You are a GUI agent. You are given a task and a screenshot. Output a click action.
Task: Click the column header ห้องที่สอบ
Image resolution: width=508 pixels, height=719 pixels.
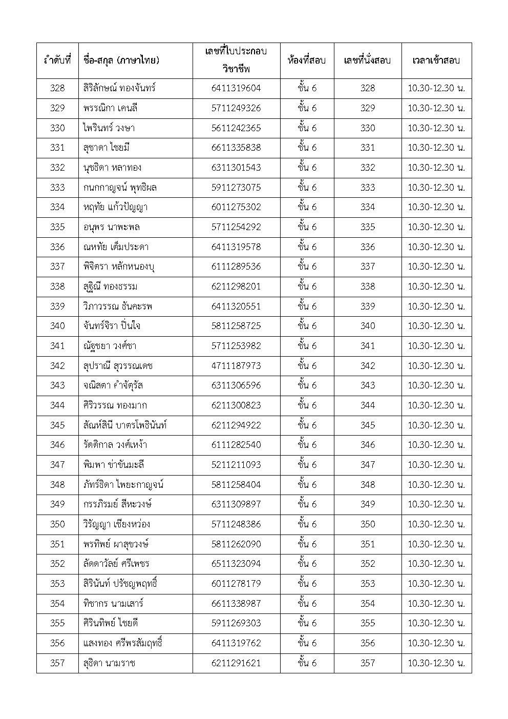click(x=306, y=60)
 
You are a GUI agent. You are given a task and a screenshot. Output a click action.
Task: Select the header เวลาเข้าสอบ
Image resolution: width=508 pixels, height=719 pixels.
click(x=436, y=60)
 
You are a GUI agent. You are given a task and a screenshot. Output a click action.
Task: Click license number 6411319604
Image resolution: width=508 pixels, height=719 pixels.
click(x=236, y=88)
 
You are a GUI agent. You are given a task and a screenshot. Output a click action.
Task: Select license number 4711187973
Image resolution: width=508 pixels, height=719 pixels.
click(x=236, y=366)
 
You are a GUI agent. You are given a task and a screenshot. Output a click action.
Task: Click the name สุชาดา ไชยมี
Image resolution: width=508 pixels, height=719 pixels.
click(x=106, y=148)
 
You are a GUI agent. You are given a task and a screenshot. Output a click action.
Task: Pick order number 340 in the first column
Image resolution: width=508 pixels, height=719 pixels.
click(x=57, y=326)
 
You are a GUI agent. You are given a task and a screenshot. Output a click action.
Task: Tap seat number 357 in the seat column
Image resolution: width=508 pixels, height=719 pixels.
click(x=367, y=663)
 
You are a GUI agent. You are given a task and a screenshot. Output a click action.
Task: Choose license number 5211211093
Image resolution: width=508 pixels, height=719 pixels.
click(x=236, y=465)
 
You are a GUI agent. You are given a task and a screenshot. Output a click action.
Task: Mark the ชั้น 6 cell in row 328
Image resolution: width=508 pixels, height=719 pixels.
click(x=306, y=88)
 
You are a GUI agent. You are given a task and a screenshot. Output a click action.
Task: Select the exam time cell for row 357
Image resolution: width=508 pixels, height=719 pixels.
click(x=436, y=663)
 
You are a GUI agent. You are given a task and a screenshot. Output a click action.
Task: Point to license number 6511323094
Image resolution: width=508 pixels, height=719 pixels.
click(x=236, y=564)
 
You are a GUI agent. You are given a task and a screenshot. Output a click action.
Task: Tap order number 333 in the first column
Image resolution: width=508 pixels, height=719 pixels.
click(x=57, y=188)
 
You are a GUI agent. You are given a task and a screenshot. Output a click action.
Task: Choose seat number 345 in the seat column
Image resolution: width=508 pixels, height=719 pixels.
click(x=367, y=425)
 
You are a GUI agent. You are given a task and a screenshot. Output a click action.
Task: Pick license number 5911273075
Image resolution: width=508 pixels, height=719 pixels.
click(x=236, y=188)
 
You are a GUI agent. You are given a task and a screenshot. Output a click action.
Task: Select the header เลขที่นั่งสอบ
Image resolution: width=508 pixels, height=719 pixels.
click(x=367, y=60)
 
